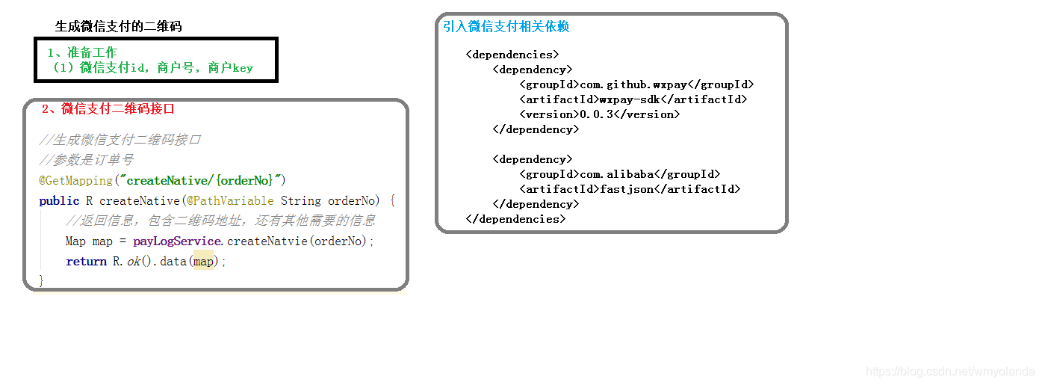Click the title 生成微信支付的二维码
(x=118, y=26)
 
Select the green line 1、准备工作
(x=82, y=52)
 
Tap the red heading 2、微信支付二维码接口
(x=108, y=108)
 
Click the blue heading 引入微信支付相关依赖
(x=506, y=26)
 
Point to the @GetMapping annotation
(x=75, y=180)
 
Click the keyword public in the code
(x=59, y=200)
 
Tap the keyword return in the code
(x=86, y=261)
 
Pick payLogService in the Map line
(x=177, y=241)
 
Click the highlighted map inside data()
(x=203, y=261)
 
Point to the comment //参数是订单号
(x=86, y=160)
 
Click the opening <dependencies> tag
(x=512, y=55)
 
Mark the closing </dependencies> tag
(x=515, y=219)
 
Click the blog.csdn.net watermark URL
(x=950, y=372)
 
